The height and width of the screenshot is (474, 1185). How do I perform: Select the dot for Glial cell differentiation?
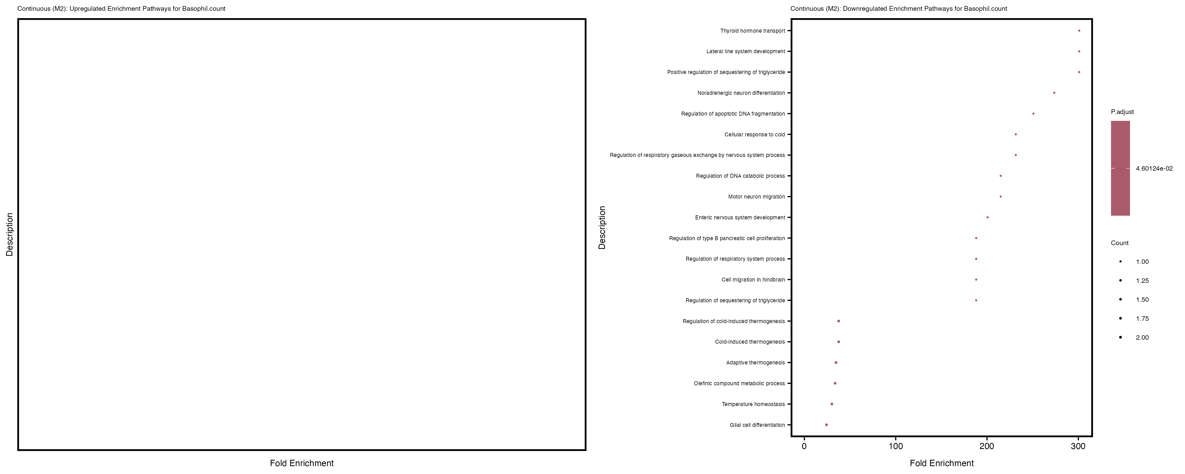[x=826, y=425]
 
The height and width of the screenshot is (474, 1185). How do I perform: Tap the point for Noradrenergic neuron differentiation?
[x=1054, y=93]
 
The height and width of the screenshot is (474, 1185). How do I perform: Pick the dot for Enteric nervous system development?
[x=987, y=217]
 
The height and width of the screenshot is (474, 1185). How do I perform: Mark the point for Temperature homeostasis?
[x=831, y=404]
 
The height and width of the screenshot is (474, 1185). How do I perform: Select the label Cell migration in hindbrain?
[x=753, y=279]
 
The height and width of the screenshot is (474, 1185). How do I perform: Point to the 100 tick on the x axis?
[x=895, y=438]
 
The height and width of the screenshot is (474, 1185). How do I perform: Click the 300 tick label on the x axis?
[x=1078, y=446]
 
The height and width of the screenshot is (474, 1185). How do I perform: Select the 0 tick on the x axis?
[x=804, y=438]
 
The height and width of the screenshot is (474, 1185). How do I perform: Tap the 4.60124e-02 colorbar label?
[x=1154, y=169]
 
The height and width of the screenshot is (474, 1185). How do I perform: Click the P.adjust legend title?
[x=1122, y=112]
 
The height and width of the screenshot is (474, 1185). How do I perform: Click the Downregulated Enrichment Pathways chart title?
[x=898, y=9]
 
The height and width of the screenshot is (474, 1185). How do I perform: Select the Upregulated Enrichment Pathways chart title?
[x=121, y=9]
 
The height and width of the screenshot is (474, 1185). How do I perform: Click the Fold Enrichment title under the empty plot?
[x=302, y=463]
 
